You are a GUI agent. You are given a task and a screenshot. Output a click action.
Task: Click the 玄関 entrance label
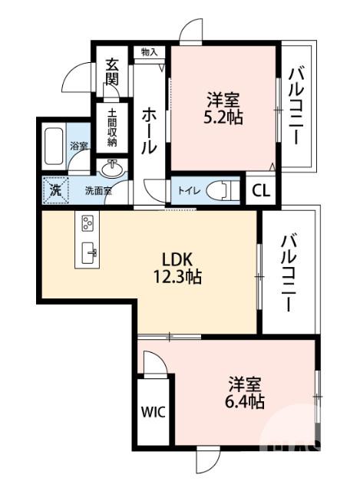click(x=112, y=72)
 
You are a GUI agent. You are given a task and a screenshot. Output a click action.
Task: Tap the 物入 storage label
click(x=150, y=52)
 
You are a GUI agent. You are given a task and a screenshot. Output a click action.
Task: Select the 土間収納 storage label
click(x=112, y=127)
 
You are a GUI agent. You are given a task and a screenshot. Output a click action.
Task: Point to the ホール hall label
click(x=149, y=131)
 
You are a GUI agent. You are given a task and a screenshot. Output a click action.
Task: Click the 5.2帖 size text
click(x=223, y=119)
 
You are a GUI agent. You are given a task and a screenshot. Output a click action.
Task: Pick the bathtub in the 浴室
click(x=54, y=147)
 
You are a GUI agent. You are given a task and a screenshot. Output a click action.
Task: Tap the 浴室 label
click(x=79, y=146)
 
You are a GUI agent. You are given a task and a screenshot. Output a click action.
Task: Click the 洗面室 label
click(x=97, y=191)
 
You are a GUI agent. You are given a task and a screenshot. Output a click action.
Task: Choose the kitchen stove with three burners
click(x=87, y=225)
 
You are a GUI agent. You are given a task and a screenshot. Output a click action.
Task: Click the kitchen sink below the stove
click(x=88, y=251)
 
